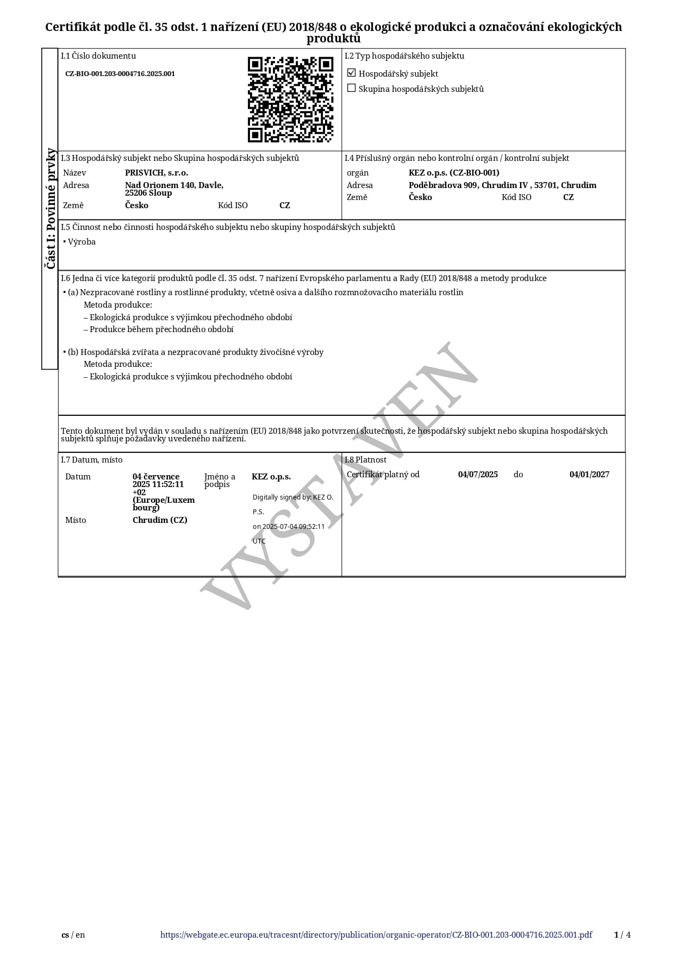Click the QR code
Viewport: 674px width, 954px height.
click(290, 99)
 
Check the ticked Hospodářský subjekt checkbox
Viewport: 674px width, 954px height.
click(352, 73)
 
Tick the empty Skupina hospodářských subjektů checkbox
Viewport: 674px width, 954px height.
click(352, 88)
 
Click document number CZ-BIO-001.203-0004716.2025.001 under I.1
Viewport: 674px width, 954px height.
click(120, 74)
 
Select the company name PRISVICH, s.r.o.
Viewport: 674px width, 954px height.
click(157, 173)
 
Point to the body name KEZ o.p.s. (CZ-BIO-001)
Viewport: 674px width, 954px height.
click(454, 173)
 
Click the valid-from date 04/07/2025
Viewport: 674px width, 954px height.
click(478, 475)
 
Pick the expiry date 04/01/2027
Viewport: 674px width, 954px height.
click(589, 475)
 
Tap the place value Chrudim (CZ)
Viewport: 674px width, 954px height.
click(160, 520)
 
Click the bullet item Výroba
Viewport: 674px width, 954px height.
click(82, 242)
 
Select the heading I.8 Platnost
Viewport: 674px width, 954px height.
click(366, 460)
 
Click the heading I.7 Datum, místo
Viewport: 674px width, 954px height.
click(92, 460)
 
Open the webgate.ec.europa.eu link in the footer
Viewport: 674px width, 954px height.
click(376, 935)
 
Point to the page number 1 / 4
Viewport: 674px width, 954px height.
click(622, 935)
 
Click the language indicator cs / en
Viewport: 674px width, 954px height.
click(73, 935)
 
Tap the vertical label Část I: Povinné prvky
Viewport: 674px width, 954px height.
click(50, 208)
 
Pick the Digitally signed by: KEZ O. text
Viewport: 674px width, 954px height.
click(292, 497)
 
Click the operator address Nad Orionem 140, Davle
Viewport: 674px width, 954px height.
click(174, 185)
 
